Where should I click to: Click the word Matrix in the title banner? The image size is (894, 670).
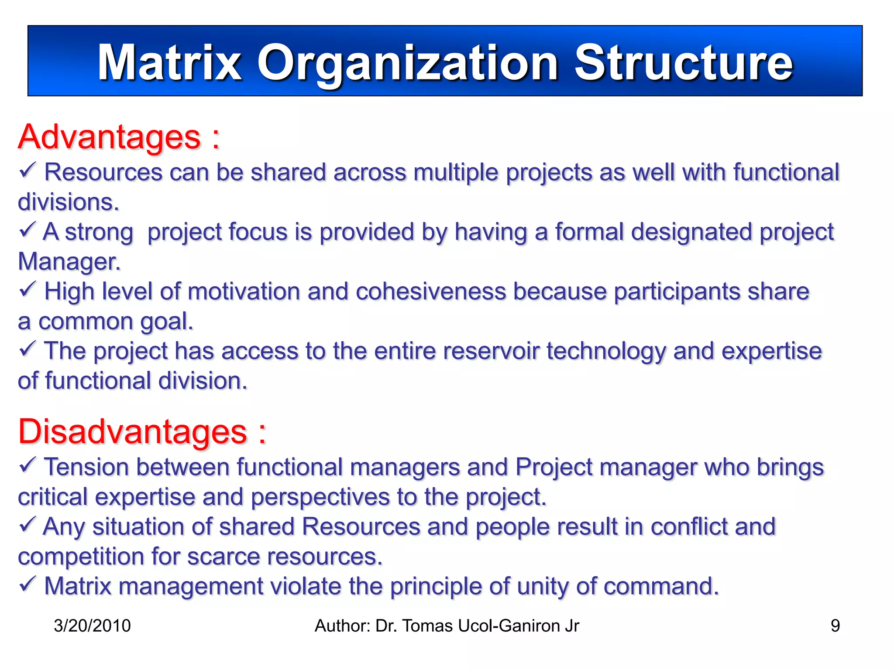click(169, 63)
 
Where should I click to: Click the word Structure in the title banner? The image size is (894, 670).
click(683, 63)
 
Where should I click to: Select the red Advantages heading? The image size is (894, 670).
click(109, 137)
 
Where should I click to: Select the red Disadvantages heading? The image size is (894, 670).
click(133, 432)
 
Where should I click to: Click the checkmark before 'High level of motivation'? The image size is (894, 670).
click(27, 289)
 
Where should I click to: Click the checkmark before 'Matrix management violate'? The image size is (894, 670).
click(27, 584)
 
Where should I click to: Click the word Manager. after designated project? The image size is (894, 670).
click(69, 262)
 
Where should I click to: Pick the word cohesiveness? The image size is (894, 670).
click(430, 291)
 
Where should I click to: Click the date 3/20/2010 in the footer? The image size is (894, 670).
click(92, 626)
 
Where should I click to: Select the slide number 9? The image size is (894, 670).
click(835, 626)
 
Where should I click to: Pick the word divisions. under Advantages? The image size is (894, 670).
click(68, 202)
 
